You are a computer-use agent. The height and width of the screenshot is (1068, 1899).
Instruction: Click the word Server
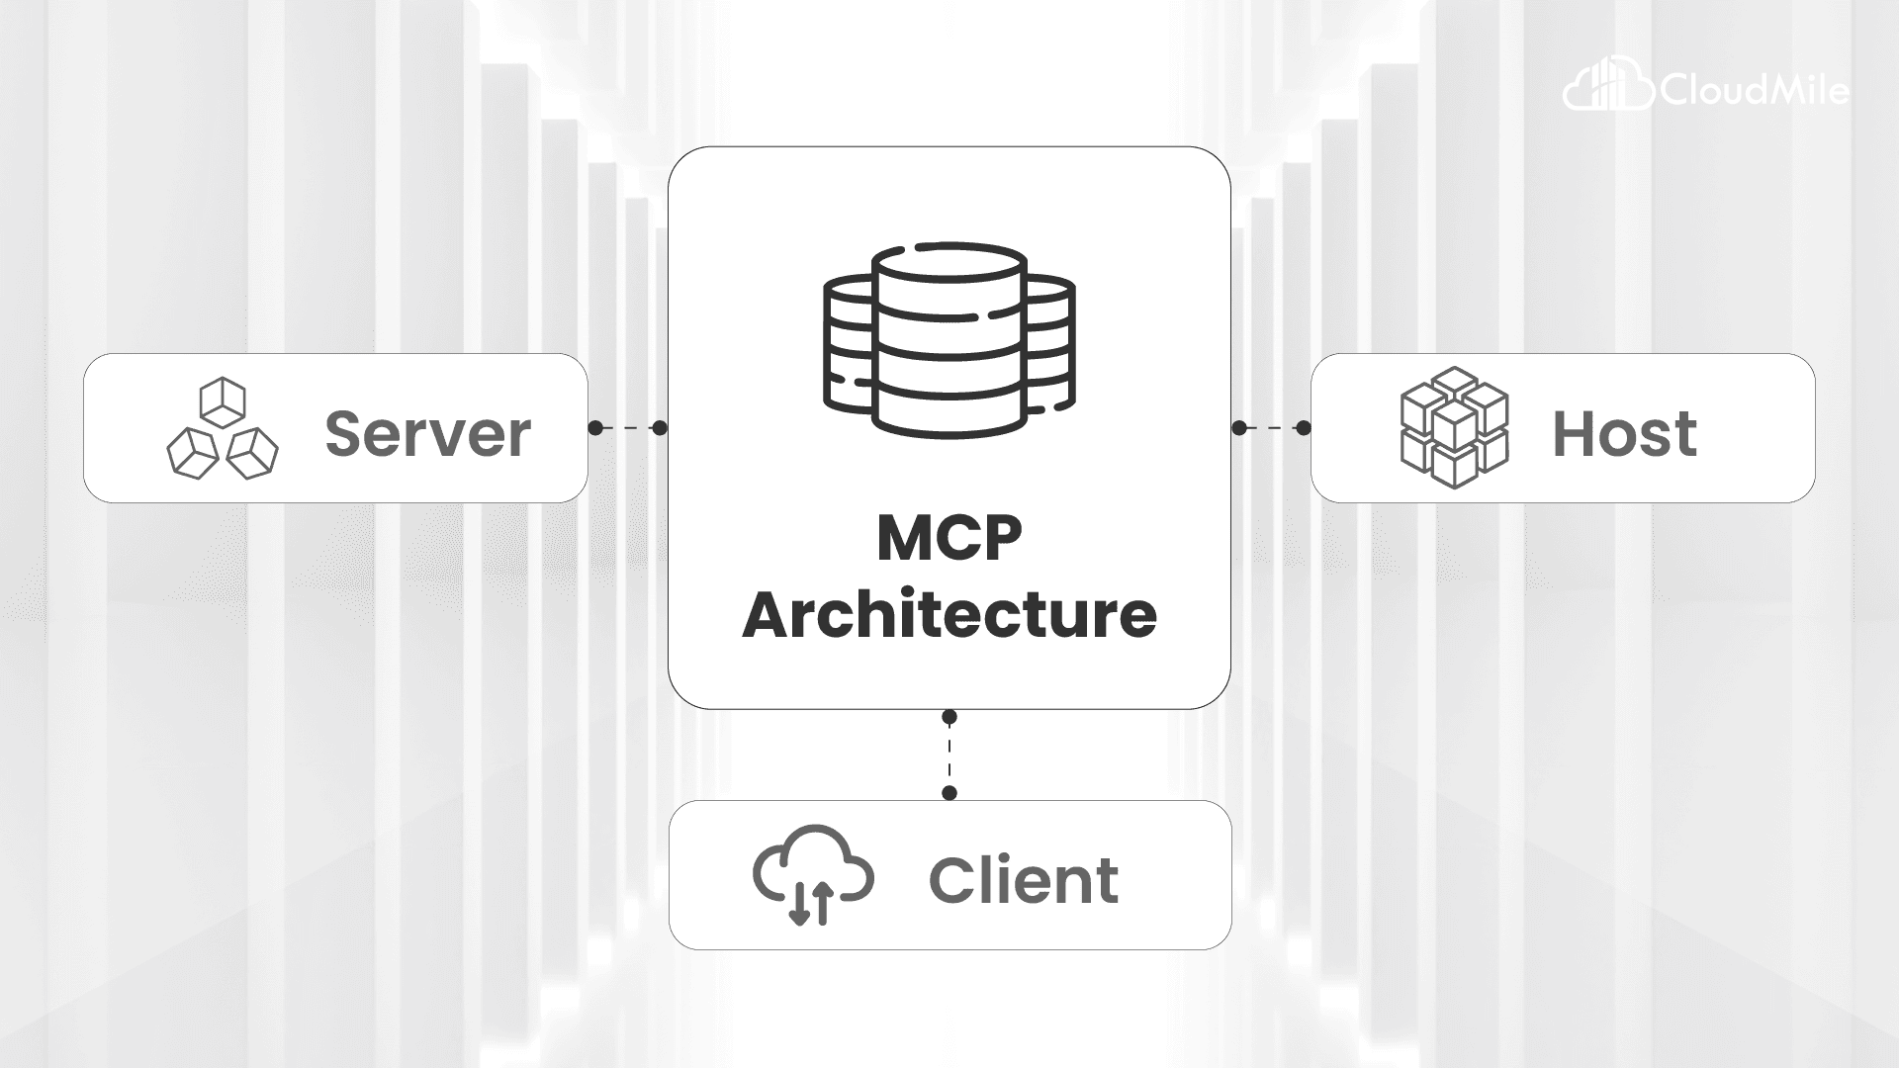click(x=427, y=433)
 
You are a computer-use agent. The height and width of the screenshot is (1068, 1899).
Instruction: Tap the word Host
click(x=1624, y=433)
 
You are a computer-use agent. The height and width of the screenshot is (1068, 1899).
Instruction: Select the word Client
click(x=1024, y=880)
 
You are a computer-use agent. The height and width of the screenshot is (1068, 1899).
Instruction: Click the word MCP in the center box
click(x=949, y=539)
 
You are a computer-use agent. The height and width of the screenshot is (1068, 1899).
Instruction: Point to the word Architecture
click(x=949, y=615)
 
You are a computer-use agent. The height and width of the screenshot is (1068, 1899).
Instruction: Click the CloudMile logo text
click(x=1754, y=92)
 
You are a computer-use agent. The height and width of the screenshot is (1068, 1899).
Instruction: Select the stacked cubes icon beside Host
click(x=1454, y=428)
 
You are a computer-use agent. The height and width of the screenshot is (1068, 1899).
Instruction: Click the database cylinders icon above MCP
click(x=949, y=341)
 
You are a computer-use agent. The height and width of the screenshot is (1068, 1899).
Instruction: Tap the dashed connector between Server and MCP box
click(x=628, y=428)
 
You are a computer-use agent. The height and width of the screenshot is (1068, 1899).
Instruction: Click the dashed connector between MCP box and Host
click(x=1271, y=428)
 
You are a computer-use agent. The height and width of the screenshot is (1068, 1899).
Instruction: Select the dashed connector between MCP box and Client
click(x=949, y=755)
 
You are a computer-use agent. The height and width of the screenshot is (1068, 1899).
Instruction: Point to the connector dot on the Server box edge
click(x=595, y=428)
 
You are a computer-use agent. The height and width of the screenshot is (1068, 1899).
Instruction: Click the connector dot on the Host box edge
click(x=1304, y=428)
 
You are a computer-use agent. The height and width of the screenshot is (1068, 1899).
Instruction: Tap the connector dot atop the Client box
click(x=949, y=793)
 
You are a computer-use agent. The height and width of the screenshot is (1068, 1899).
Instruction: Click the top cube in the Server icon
click(x=223, y=399)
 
